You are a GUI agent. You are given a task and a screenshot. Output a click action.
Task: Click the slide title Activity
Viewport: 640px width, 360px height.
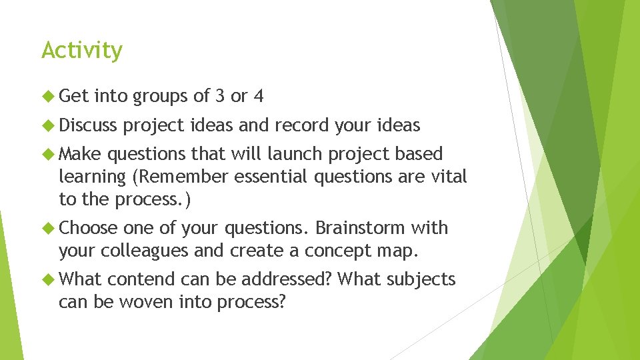pos(82,51)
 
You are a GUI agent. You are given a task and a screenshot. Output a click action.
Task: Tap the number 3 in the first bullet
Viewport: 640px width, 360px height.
pos(220,97)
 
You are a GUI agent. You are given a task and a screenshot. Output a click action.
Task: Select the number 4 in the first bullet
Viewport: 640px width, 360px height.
pos(258,97)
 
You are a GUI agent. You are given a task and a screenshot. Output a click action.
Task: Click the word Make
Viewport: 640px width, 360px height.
pos(80,154)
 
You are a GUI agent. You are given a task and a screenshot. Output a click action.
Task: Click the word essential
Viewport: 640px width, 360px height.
pos(266,177)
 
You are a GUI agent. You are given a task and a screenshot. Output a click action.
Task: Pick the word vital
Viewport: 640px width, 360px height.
pos(448,177)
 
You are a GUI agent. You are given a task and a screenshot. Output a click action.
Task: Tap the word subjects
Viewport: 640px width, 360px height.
pos(421,279)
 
